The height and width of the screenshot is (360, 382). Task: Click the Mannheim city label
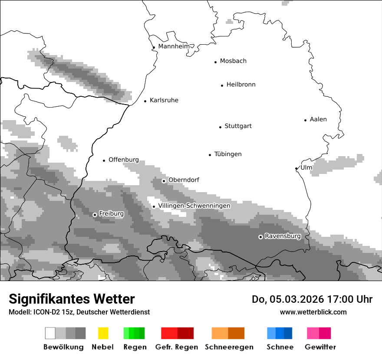[x=174, y=46]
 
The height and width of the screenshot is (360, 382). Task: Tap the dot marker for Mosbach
[x=215, y=62]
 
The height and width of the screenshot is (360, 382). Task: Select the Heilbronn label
[x=241, y=85]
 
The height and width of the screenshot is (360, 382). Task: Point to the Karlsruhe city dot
[x=145, y=101]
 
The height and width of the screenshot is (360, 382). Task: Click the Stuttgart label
[x=238, y=126]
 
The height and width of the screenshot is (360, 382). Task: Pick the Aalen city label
[x=318, y=119]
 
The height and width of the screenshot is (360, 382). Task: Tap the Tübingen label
[x=228, y=154]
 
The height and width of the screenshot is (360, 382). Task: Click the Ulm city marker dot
[x=296, y=168]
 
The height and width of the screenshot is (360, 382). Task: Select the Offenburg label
[x=124, y=160]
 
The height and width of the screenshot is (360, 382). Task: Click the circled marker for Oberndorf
[x=164, y=181]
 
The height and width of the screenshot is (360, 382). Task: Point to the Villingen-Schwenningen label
[x=194, y=206]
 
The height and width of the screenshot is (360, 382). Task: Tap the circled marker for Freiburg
[x=95, y=215]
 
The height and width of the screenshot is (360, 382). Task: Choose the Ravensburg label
[x=283, y=236]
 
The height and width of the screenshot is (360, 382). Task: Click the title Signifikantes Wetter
[x=72, y=299]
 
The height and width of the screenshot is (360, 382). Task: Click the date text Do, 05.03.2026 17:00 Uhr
[x=312, y=299]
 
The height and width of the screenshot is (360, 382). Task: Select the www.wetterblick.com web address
[x=313, y=312]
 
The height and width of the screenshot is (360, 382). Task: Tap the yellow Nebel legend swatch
[x=103, y=333]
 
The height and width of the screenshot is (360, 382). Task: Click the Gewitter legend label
[x=320, y=347]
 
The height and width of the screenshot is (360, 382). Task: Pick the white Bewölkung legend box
[x=50, y=333]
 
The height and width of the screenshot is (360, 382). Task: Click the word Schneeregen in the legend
[x=229, y=347]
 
